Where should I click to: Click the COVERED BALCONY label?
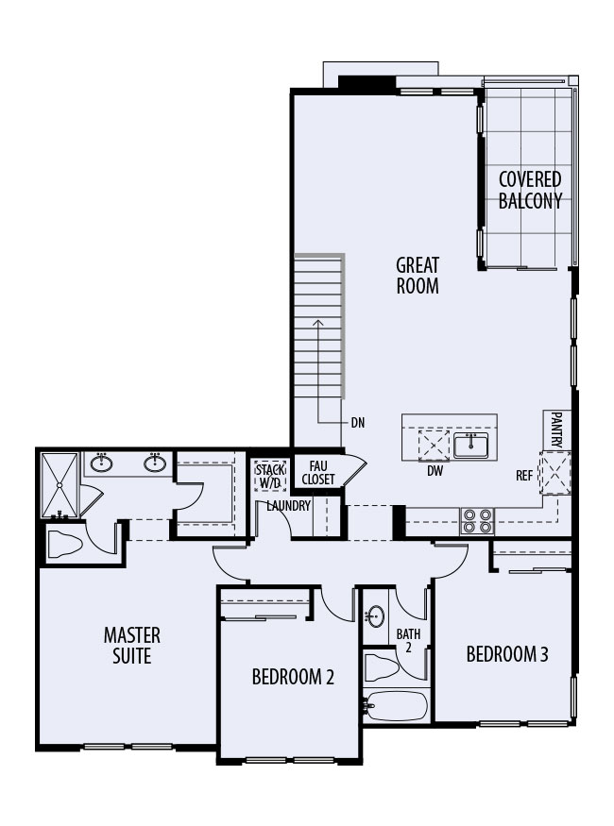[529, 190]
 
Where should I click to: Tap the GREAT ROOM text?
[417, 275]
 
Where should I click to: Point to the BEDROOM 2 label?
[292, 677]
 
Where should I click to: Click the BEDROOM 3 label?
[507, 654]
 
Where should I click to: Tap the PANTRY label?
[556, 430]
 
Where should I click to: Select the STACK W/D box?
[269, 475]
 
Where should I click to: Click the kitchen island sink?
[469, 444]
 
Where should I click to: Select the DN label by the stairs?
[357, 423]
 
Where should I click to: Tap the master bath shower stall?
[60, 484]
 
